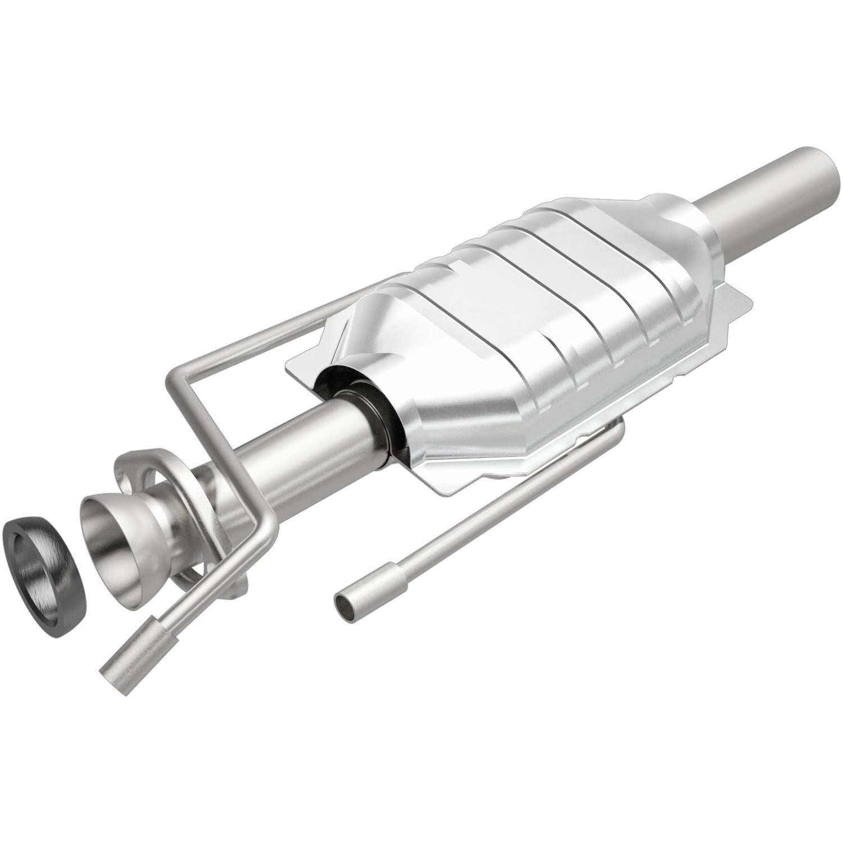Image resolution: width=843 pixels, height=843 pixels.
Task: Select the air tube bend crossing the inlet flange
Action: point(264,525)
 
